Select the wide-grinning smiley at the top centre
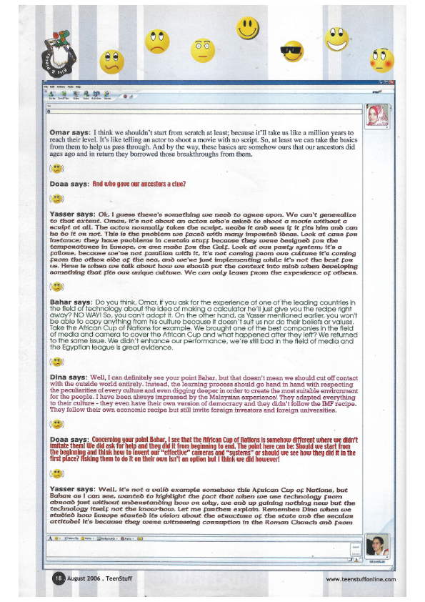click(x=248, y=29)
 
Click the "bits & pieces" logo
click(x=67, y=56)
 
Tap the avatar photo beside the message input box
click(x=376, y=544)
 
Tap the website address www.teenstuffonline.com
click(x=360, y=578)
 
